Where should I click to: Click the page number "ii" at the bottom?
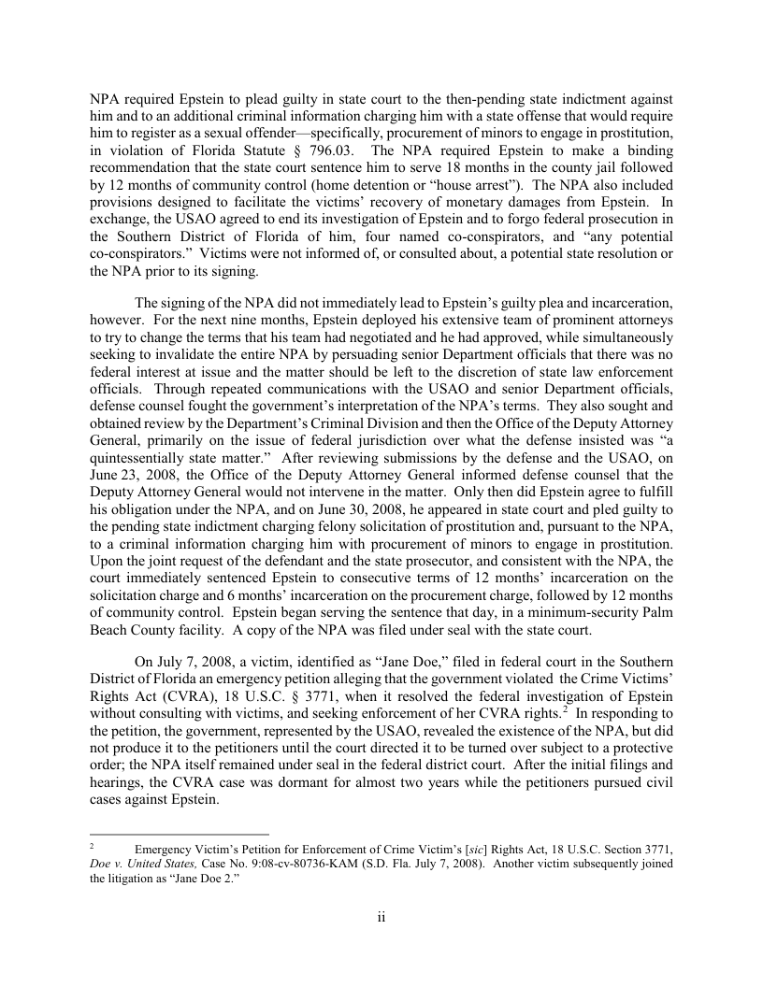381,917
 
